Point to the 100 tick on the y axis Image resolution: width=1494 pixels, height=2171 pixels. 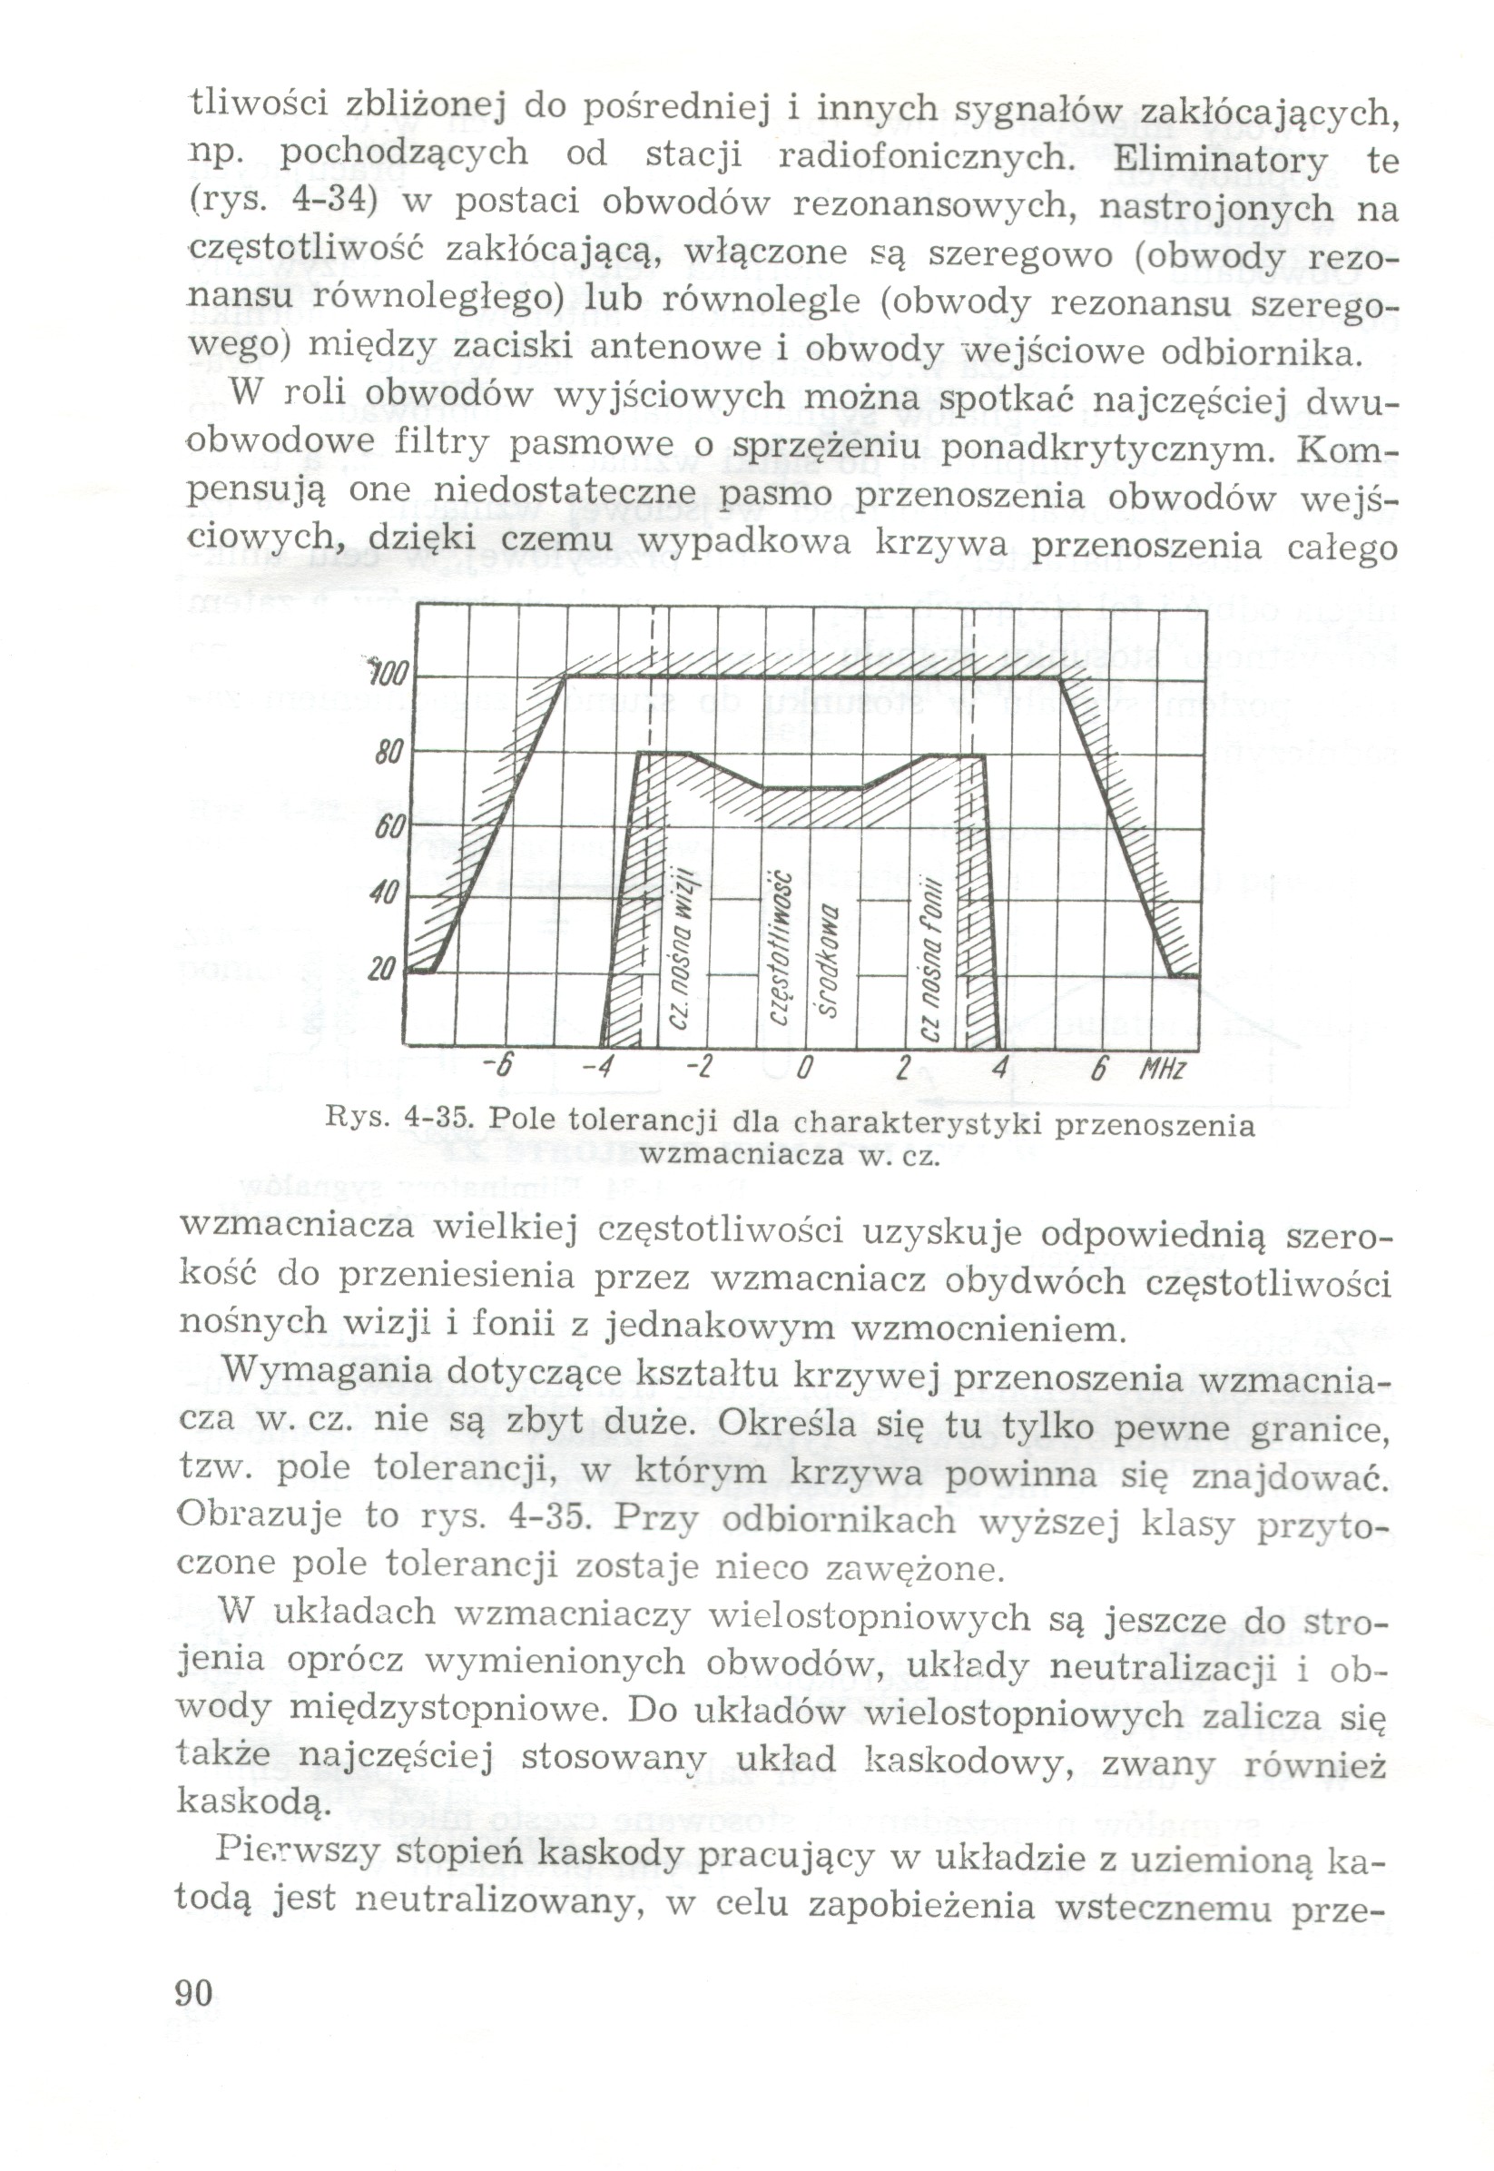pyautogui.click(x=386, y=673)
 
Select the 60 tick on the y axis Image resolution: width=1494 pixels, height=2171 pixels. pyautogui.click(x=387, y=827)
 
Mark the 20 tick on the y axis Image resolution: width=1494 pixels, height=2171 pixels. pyautogui.click(x=382, y=969)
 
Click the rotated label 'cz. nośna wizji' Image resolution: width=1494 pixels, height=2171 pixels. pyautogui.click(x=682, y=945)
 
